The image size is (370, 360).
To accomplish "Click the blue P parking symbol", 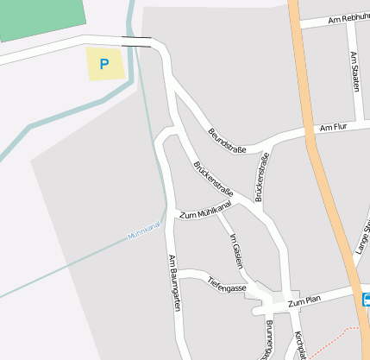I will pyautogui.click(x=104, y=64).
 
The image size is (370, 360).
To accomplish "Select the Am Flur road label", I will pyautogui.click(x=332, y=127).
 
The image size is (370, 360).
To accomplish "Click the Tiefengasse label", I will pyautogui.click(x=228, y=284).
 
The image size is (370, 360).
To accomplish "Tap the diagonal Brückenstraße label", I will pyautogui.click(x=214, y=177).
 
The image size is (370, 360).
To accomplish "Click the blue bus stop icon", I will pyautogui.click(x=367, y=300).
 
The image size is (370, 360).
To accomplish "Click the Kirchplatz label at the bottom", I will pyautogui.click(x=299, y=344).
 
